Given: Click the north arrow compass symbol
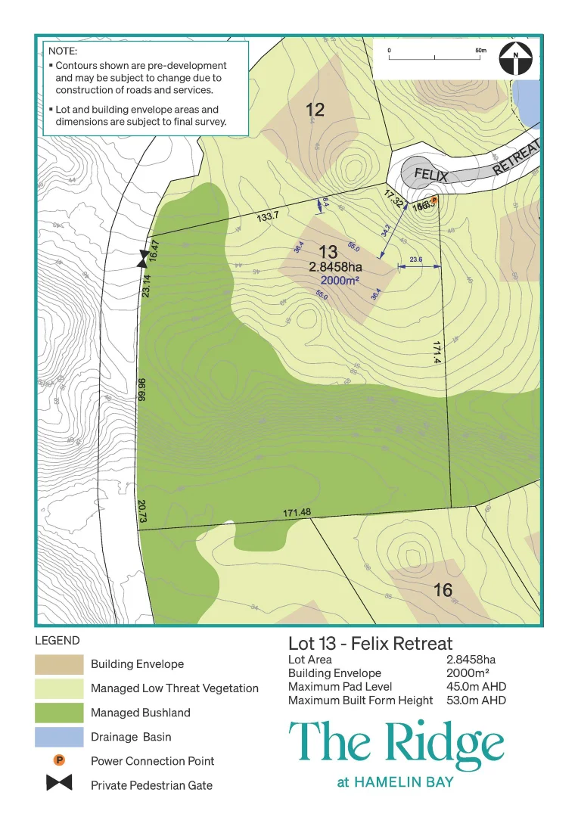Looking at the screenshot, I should coord(516,57).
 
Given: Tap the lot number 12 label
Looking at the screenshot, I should coord(315,110).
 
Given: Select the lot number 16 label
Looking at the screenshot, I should coord(443,590).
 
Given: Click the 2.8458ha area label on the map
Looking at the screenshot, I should coord(335,267).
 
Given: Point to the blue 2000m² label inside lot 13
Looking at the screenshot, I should coord(339,280).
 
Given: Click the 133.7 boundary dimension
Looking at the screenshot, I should coord(268,216).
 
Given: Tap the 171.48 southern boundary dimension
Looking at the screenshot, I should coord(297,514).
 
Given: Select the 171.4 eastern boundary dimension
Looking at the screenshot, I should coord(437,353).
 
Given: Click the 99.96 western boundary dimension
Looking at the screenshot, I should coord(141,390).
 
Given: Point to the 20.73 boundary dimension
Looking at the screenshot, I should coord(141,511).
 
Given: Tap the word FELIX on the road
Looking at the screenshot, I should coord(431,176).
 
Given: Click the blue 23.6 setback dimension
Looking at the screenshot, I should coord(415,259).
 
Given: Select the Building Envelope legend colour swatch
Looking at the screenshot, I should coord(59,664).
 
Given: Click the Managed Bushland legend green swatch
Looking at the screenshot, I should coord(59,713).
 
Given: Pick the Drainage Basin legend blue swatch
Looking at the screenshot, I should coord(59,737).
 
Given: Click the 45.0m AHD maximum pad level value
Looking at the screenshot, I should coord(476,687).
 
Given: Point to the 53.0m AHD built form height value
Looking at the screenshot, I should coord(476,701).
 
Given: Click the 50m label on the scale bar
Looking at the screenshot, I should coord(480,50).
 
